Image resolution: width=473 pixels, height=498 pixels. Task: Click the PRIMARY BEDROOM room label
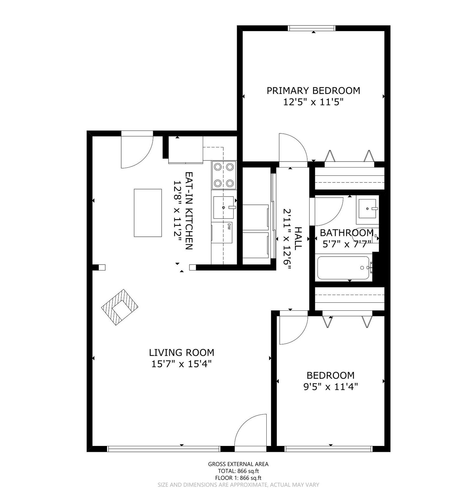313,91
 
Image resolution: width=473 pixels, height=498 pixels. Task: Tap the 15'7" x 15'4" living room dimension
182,364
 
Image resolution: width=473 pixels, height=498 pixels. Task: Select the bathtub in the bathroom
343,268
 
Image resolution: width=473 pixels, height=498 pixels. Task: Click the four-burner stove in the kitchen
224,175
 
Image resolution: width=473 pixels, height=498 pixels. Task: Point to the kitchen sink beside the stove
224,207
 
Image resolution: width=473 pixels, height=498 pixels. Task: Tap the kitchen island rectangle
148,213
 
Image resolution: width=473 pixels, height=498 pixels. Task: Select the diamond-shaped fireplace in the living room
120,307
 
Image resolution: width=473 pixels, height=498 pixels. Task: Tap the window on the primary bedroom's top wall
312,28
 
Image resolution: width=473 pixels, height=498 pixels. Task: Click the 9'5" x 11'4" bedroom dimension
331,387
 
